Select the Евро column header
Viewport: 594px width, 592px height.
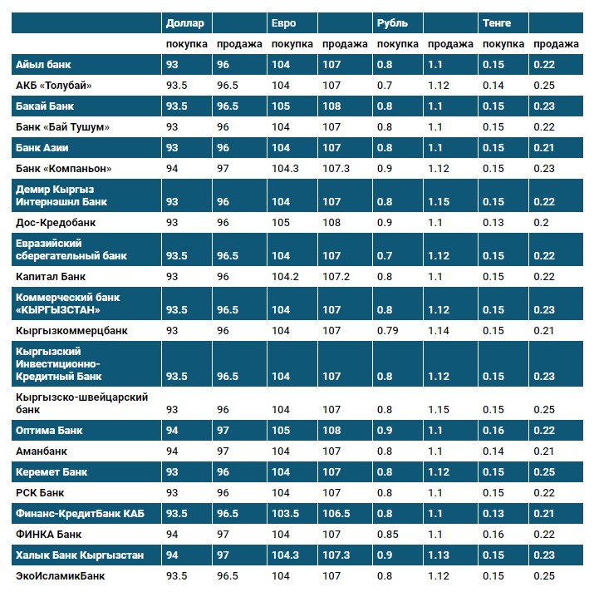282,23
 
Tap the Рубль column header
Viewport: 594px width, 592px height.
392,23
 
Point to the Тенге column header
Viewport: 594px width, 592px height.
496,23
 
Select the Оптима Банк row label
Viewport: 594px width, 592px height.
50,431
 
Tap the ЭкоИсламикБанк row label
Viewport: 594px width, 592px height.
61,575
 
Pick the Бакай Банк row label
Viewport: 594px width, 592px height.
46,106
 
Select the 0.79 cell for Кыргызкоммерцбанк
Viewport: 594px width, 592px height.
387,331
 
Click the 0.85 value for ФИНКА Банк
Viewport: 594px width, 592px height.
387,535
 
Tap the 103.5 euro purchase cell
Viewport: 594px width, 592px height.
285,514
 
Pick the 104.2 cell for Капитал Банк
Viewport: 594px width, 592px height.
285,276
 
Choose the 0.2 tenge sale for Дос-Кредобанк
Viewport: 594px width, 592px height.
541,223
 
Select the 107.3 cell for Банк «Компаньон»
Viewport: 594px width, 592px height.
336,169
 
